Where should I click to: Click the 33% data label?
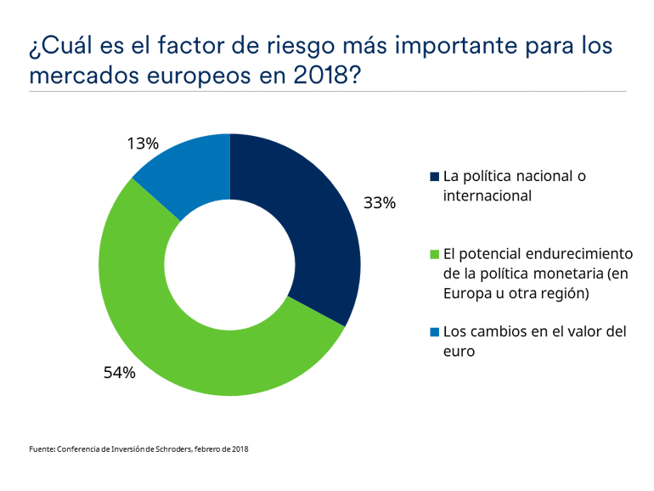point(380,203)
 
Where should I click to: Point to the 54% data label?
point(118,372)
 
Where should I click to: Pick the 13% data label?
point(143,144)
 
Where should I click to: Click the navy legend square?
point(435,177)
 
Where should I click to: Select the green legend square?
point(435,254)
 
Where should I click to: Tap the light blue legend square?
point(435,331)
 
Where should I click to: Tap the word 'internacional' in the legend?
point(487,195)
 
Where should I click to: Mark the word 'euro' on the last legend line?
point(459,351)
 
